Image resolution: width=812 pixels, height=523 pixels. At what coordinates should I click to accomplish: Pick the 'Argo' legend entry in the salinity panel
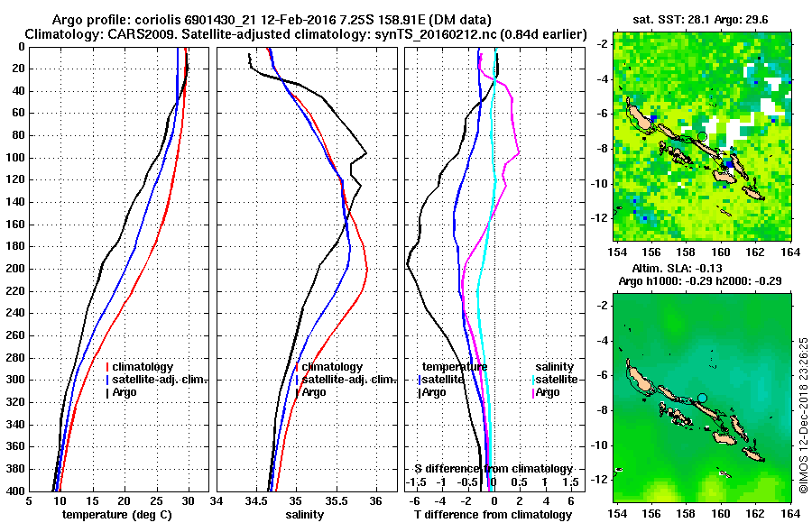(314, 392)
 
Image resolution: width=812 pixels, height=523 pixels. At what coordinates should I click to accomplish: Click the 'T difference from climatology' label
(491, 515)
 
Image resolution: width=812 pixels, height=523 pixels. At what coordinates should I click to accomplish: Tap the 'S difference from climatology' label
(493, 469)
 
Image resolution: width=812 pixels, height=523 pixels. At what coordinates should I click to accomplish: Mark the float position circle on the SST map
(702, 136)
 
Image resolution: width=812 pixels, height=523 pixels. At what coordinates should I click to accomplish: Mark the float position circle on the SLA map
(702, 398)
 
